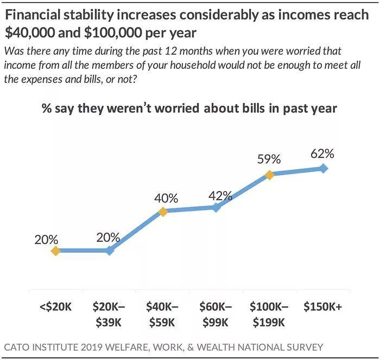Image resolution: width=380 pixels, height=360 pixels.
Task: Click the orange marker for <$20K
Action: pos(55,251)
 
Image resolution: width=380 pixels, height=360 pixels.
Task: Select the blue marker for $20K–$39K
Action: pos(110,251)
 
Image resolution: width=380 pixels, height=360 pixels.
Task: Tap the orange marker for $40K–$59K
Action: pos(162,211)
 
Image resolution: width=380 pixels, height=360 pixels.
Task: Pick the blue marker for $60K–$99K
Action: pos(216,207)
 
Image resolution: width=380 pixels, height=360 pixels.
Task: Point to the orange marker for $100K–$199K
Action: pos(269,175)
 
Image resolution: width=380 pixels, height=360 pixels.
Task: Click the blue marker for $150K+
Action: pos(324,169)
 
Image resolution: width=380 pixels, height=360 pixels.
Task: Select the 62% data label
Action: pos(323,153)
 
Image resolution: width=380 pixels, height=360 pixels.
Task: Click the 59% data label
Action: pos(269,159)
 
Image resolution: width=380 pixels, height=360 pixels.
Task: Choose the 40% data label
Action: pos(166,198)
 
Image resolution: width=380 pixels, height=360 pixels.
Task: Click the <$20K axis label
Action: pos(55,306)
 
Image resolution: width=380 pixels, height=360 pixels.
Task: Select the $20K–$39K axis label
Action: pos(109,313)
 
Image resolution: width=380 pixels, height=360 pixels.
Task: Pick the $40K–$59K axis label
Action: pos(162,313)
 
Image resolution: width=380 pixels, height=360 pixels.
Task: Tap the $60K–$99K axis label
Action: pos(216,313)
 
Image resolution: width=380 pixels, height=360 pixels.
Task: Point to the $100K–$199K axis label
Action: pos(269,313)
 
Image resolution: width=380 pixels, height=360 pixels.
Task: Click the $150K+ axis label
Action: pos(324,306)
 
